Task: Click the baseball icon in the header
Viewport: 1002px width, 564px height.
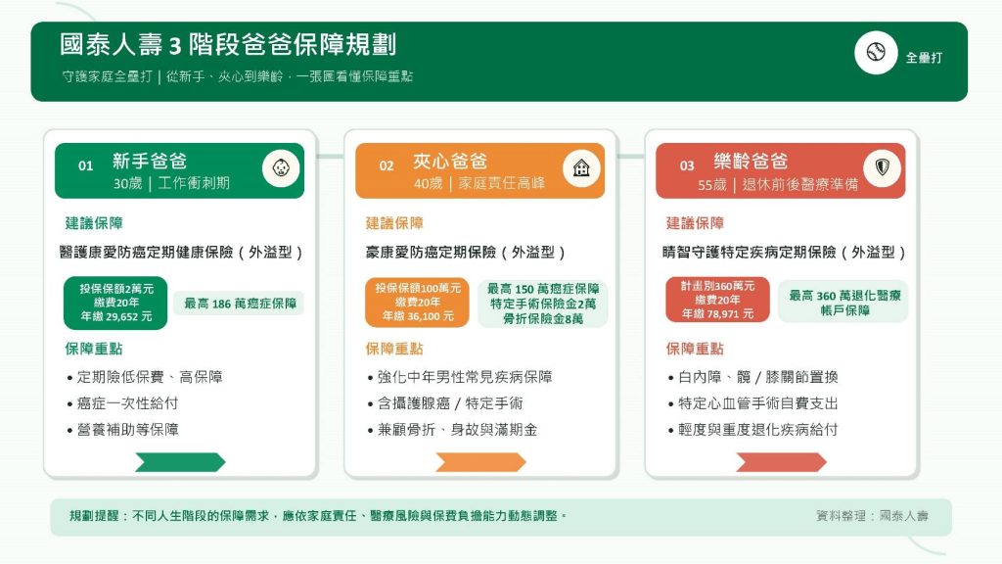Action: (x=876, y=52)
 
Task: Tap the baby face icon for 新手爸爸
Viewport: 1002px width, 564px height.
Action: (x=281, y=168)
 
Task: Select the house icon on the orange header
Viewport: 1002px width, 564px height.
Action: (x=581, y=168)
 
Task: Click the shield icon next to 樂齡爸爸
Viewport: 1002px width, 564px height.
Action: (x=883, y=167)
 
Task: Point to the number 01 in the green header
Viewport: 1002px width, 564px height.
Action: (x=86, y=166)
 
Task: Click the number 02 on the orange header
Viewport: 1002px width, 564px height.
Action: (x=387, y=166)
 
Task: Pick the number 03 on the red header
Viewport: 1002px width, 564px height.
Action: (x=687, y=166)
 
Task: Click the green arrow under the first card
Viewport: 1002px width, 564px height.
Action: (x=180, y=462)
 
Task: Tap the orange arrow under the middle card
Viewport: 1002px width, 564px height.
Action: (x=480, y=462)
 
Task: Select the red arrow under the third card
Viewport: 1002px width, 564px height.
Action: (x=781, y=462)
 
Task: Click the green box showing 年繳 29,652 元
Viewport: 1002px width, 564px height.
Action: (x=115, y=304)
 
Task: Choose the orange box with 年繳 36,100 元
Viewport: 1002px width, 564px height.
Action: (x=417, y=303)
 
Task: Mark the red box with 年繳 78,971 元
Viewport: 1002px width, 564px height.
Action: (x=717, y=300)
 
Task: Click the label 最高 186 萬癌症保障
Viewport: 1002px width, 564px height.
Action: (x=240, y=304)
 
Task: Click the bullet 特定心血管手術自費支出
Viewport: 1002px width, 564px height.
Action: (x=752, y=403)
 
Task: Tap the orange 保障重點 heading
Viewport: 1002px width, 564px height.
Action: (x=394, y=349)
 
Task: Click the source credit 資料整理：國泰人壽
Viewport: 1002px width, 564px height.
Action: (x=872, y=515)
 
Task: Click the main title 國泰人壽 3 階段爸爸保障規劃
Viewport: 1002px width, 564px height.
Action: (x=228, y=45)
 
